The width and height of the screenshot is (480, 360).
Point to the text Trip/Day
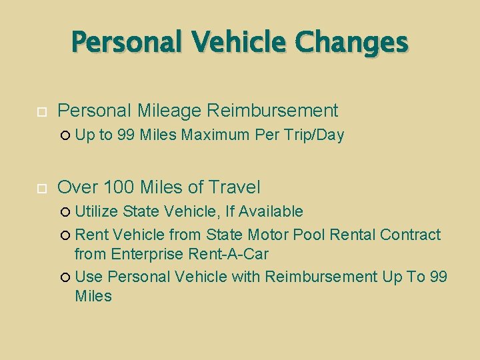click(x=312, y=135)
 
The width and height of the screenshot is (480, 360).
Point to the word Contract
click(x=411, y=235)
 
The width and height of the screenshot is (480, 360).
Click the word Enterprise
click(x=147, y=254)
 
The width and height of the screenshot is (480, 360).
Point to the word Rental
click(x=353, y=235)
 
